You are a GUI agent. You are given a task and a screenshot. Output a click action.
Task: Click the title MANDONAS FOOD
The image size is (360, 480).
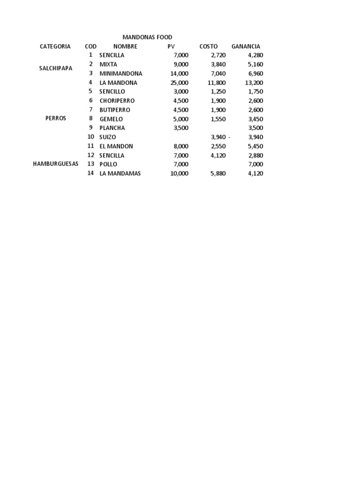(147, 37)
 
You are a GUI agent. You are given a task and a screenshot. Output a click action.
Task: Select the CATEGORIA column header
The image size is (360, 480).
(55, 46)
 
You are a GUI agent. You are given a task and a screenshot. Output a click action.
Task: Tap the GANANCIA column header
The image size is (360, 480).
(246, 46)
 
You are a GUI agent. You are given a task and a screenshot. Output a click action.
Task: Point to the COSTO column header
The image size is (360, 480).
(209, 46)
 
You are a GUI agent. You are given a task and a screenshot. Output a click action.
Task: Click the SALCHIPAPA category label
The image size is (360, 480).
(56, 68)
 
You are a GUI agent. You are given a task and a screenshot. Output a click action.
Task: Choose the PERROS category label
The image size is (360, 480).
(56, 119)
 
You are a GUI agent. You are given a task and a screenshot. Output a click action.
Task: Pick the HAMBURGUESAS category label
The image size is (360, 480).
(56, 164)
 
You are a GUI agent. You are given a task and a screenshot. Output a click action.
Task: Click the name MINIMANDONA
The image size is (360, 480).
(120, 74)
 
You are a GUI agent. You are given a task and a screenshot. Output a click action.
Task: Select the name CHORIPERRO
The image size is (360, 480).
(117, 101)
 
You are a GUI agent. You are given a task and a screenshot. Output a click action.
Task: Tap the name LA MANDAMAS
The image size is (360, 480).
(120, 173)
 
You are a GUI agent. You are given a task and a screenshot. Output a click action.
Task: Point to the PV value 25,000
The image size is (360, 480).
(180, 83)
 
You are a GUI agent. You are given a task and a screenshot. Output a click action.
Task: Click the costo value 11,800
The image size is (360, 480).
(217, 83)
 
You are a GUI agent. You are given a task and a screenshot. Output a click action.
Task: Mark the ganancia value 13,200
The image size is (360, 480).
(254, 83)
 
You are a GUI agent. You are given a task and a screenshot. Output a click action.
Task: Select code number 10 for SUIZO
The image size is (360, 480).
(90, 137)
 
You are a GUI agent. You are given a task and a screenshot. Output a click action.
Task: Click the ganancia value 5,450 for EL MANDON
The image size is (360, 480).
(255, 146)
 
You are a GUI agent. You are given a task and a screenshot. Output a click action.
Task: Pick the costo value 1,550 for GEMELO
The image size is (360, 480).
(218, 119)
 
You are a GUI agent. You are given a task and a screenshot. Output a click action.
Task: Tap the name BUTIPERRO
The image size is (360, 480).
(115, 110)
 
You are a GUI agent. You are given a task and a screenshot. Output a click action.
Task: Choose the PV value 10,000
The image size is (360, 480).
(180, 173)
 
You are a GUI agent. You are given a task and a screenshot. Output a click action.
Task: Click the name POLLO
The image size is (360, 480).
(108, 165)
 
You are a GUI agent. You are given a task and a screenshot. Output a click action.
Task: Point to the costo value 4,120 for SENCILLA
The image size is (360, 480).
(218, 155)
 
